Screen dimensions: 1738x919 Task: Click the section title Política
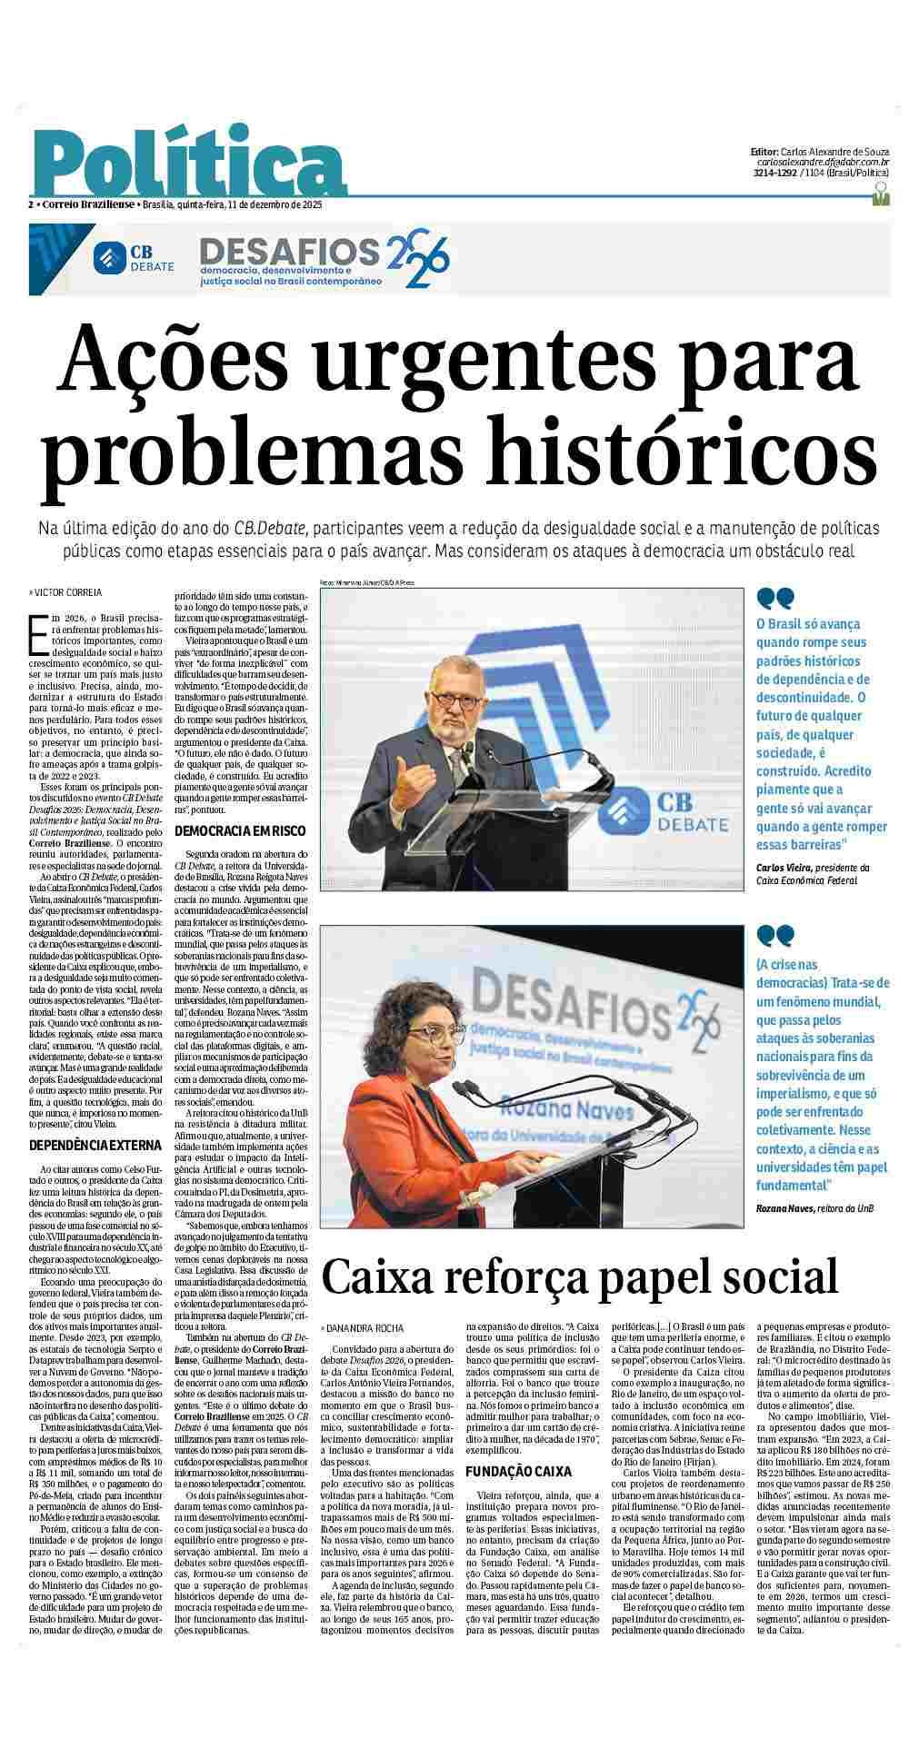coord(191,164)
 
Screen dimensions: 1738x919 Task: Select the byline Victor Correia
coord(67,591)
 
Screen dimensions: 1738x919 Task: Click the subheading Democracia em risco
coord(240,830)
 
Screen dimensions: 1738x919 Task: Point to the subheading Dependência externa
coord(95,1145)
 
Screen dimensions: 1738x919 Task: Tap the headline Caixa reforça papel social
coord(579,1276)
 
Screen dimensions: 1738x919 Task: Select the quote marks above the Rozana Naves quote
coord(775,935)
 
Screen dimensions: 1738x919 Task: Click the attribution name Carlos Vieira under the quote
coord(783,867)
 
